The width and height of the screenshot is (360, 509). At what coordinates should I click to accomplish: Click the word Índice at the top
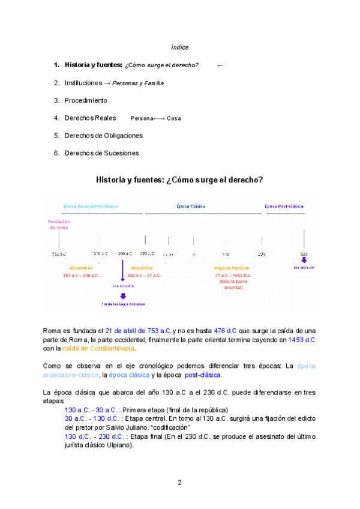(x=180, y=47)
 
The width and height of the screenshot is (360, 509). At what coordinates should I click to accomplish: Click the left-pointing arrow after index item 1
(x=220, y=65)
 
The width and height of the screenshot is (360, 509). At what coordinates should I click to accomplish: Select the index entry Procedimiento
(x=86, y=100)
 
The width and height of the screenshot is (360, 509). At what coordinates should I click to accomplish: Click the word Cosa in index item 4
(x=174, y=118)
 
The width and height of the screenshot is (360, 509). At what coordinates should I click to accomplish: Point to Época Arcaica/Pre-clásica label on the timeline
(x=91, y=206)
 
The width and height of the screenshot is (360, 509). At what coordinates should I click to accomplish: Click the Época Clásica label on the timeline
(x=191, y=206)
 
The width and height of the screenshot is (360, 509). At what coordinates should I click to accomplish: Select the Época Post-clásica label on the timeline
(x=284, y=206)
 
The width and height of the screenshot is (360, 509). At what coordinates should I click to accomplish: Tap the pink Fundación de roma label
(x=59, y=224)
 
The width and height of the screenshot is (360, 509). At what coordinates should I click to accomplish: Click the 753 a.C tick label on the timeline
(x=59, y=254)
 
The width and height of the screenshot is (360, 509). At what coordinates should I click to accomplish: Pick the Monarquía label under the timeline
(x=81, y=268)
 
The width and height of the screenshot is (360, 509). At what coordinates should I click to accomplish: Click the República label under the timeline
(x=142, y=268)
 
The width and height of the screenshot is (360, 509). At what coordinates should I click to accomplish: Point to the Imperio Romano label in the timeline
(x=233, y=268)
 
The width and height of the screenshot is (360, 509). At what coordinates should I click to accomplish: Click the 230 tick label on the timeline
(x=262, y=254)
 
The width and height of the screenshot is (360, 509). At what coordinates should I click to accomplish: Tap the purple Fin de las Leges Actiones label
(x=123, y=304)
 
